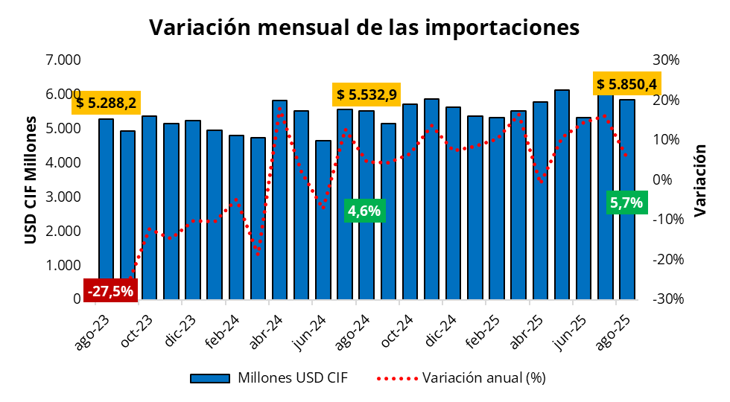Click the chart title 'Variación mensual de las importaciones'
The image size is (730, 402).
coord(364,28)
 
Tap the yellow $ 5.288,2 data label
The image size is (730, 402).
coord(107,103)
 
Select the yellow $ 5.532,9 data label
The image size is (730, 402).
coord(366,95)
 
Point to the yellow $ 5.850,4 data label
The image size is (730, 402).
coord(626,83)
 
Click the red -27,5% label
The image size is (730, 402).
coord(110,291)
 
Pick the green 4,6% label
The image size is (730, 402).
coord(364,211)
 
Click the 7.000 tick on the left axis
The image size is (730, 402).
coord(63,60)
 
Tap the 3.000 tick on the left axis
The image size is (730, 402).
coord(63,197)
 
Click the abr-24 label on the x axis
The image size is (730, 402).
coord(266,330)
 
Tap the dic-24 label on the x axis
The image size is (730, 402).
coord(439,330)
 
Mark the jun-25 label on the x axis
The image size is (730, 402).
coord(570,330)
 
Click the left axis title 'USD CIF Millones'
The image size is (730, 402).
coord(31,179)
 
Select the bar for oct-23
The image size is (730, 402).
coord(149,208)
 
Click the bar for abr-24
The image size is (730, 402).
coord(279,201)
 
